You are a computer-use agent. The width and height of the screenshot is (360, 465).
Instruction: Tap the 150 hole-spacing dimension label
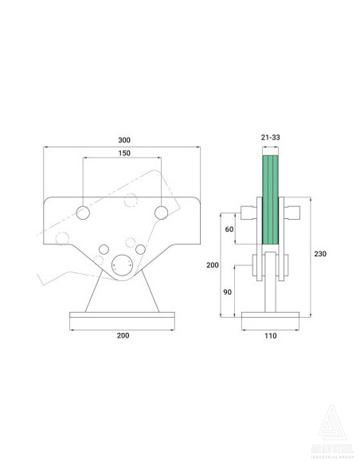tap(123, 153)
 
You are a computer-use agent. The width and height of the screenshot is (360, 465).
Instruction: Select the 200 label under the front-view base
tap(123, 336)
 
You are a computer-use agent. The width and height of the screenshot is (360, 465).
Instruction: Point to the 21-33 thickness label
tap(270, 137)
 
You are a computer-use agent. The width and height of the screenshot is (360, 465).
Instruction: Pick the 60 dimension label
tap(230, 229)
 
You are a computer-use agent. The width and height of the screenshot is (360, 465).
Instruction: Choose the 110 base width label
tap(270, 336)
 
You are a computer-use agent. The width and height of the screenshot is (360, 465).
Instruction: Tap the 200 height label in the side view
tap(212, 264)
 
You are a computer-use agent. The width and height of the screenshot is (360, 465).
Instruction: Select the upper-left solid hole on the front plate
tap(84, 212)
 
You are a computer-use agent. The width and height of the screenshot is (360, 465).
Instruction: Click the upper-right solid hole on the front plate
tap(162, 212)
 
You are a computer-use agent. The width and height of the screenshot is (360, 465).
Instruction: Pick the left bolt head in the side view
tap(248, 213)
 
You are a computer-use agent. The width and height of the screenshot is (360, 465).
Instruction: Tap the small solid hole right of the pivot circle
tap(141, 250)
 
